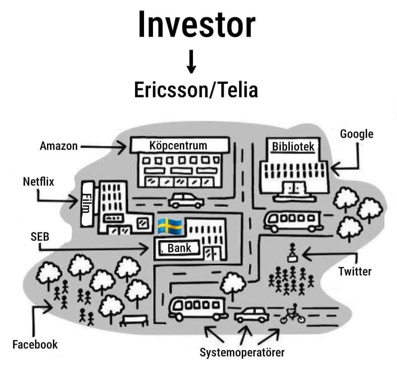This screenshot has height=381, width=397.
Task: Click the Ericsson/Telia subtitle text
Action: pos(196,90)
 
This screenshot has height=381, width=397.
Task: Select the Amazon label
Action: pos(59,146)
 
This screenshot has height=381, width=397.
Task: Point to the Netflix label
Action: pos(38,182)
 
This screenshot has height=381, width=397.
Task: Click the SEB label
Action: pos(40,236)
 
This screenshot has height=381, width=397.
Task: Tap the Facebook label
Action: pos(35,344)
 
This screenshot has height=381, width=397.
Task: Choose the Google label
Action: pos(356,134)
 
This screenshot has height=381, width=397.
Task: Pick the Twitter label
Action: pos(355,271)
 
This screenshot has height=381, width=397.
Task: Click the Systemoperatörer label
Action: pos(242,352)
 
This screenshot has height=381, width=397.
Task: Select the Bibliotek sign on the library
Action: pos(293,147)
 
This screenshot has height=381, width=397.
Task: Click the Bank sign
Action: pos(179,248)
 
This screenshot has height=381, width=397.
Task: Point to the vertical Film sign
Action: pos(87,204)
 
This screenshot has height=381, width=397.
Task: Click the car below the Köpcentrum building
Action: pos(186,201)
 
